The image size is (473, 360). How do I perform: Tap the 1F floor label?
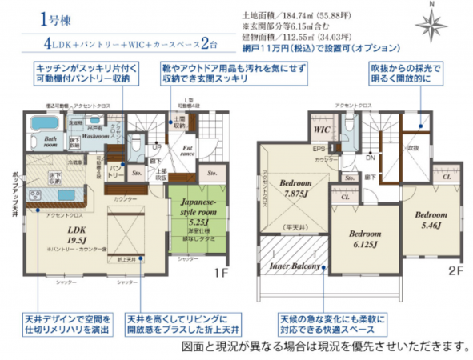pyautogui.click(x=221, y=271)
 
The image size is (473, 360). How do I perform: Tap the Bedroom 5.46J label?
pyautogui.click(x=431, y=221)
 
